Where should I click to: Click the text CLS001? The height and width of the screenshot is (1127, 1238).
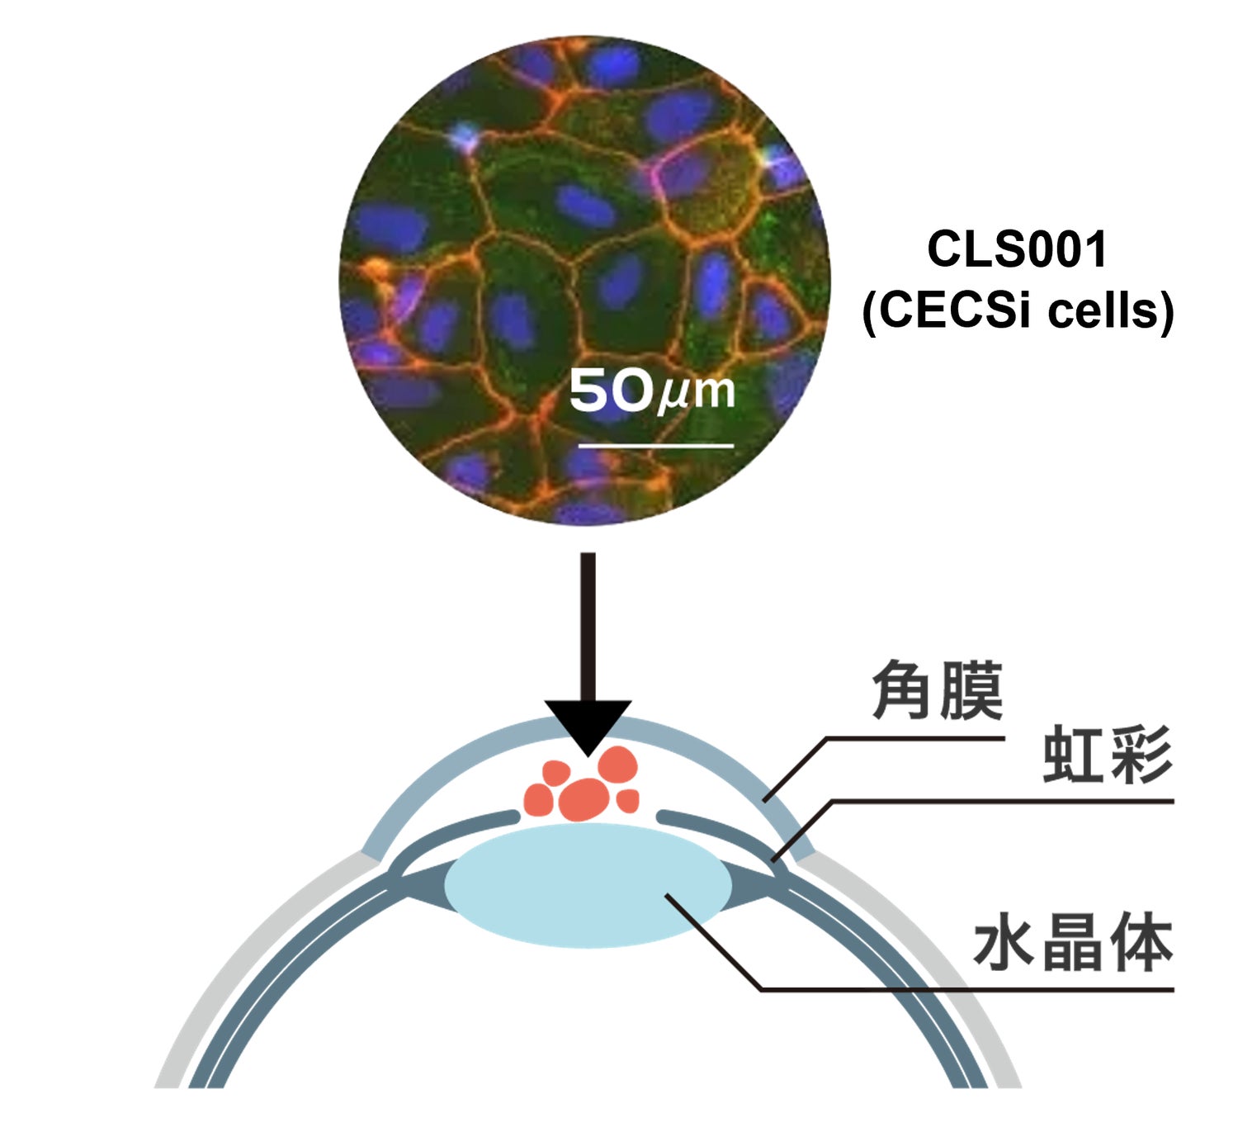click(1016, 249)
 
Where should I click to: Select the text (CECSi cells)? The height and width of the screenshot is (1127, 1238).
click(1017, 311)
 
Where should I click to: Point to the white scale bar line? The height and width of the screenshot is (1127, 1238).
click(655, 446)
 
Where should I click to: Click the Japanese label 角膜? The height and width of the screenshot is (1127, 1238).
click(937, 690)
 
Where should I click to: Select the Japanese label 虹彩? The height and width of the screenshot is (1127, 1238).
click(1107, 755)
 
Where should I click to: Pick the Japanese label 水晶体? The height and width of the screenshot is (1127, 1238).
click(1073, 945)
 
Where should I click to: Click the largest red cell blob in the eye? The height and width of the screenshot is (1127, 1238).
click(584, 798)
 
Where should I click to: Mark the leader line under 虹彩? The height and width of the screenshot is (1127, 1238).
click(990, 801)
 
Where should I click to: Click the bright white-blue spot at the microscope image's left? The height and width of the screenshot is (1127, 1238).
click(465, 137)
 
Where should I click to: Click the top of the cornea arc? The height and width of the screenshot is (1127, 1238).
click(588, 725)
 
